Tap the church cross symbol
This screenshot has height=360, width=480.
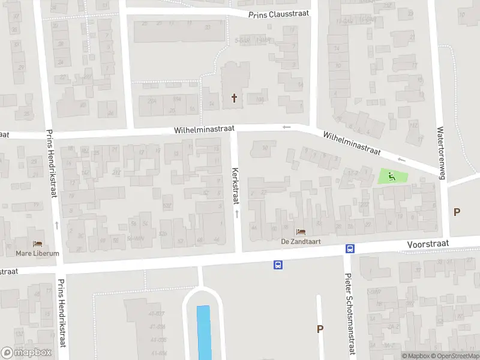(x=234, y=98)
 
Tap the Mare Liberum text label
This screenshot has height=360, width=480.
(x=38, y=253)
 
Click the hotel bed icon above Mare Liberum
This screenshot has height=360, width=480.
(x=38, y=244)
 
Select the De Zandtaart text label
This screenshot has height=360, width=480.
(x=301, y=241)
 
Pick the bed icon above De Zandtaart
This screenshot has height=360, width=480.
(x=301, y=232)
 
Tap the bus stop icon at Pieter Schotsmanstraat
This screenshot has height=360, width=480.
(x=349, y=249)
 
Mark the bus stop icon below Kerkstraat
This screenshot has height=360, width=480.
(x=278, y=264)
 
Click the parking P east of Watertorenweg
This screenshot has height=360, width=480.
(x=457, y=212)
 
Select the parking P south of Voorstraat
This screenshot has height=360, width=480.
(x=320, y=329)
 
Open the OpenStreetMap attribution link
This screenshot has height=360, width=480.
(x=454, y=356)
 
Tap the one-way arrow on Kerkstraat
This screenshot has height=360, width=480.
(x=236, y=214)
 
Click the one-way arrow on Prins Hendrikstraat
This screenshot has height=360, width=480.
(x=56, y=224)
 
